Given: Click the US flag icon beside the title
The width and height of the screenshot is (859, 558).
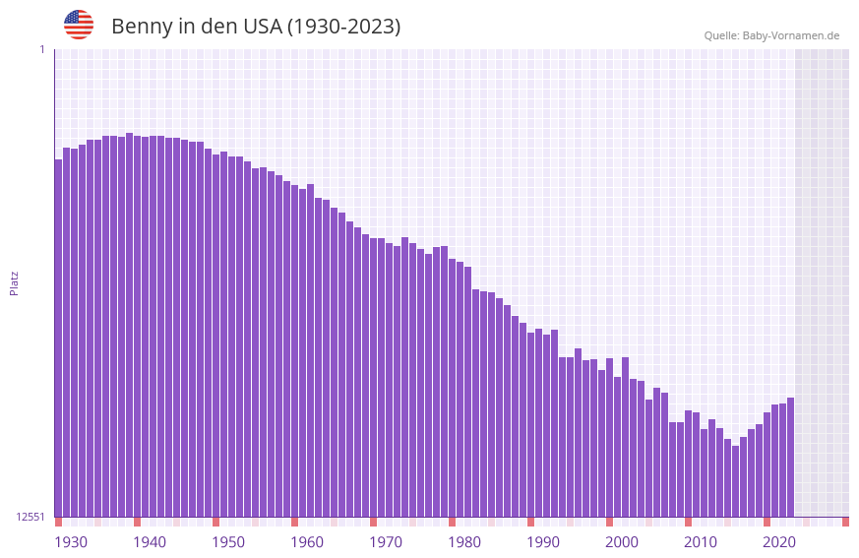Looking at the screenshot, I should pos(79,25).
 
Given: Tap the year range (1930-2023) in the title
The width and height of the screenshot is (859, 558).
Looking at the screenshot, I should pos(343,27).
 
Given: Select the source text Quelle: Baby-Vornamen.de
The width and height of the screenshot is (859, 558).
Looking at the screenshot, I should pos(771,35).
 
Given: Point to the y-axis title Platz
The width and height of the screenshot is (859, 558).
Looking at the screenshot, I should pos(14,282).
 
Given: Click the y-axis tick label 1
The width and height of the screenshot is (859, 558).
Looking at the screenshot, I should pos(41,49).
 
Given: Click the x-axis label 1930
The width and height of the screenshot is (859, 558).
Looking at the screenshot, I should pos(71,542).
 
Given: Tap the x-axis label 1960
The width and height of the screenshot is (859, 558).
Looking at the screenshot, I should pos(307,542).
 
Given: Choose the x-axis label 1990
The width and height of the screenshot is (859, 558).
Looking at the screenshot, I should pos(543,542).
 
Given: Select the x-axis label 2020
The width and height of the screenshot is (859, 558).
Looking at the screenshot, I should pos(779,542).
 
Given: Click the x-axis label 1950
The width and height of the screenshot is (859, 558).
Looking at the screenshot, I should pos(228,542).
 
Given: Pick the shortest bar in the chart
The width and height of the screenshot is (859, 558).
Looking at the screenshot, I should pos(735,481).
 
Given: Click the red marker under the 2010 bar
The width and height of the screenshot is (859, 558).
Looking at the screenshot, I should pos(688,522).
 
